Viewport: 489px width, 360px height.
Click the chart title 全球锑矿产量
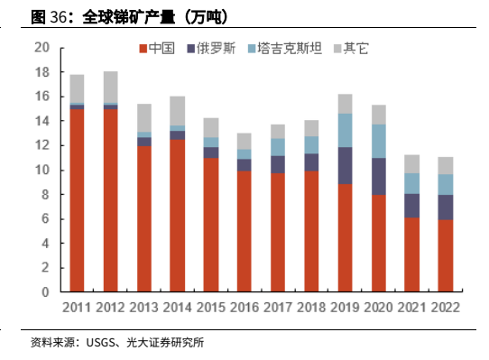tap(128, 17)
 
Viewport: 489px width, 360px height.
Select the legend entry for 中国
tap(157, 49)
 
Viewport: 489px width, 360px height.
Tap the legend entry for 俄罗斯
tap(211, 49)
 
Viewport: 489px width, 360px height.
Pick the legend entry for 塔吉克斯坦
tap(285, 49)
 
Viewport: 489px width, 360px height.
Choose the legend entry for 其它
tap(351, 49)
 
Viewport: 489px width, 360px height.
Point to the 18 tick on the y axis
tap(42, 72)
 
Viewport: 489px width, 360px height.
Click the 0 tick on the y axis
tap(45, 292)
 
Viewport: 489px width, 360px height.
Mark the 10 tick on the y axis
tap(42, 170)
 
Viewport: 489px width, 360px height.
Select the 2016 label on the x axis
tap(244, 308)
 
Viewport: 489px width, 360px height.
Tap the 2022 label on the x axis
tap(446, 308)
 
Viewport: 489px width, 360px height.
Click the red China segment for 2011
tap(77, 200)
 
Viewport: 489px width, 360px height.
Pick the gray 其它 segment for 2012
tap(111, 87)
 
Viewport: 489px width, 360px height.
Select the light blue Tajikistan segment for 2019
tap(346, 131)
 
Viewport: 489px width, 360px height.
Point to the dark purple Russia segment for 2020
tap(379, 177)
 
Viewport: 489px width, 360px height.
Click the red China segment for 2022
tap(446, 256)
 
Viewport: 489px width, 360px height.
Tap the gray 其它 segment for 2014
tap(178, 111)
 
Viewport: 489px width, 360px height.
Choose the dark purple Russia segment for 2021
tap(412, 206)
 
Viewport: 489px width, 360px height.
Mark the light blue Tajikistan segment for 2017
tap(278, 147)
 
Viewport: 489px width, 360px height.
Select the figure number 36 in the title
tap(58, 17)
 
